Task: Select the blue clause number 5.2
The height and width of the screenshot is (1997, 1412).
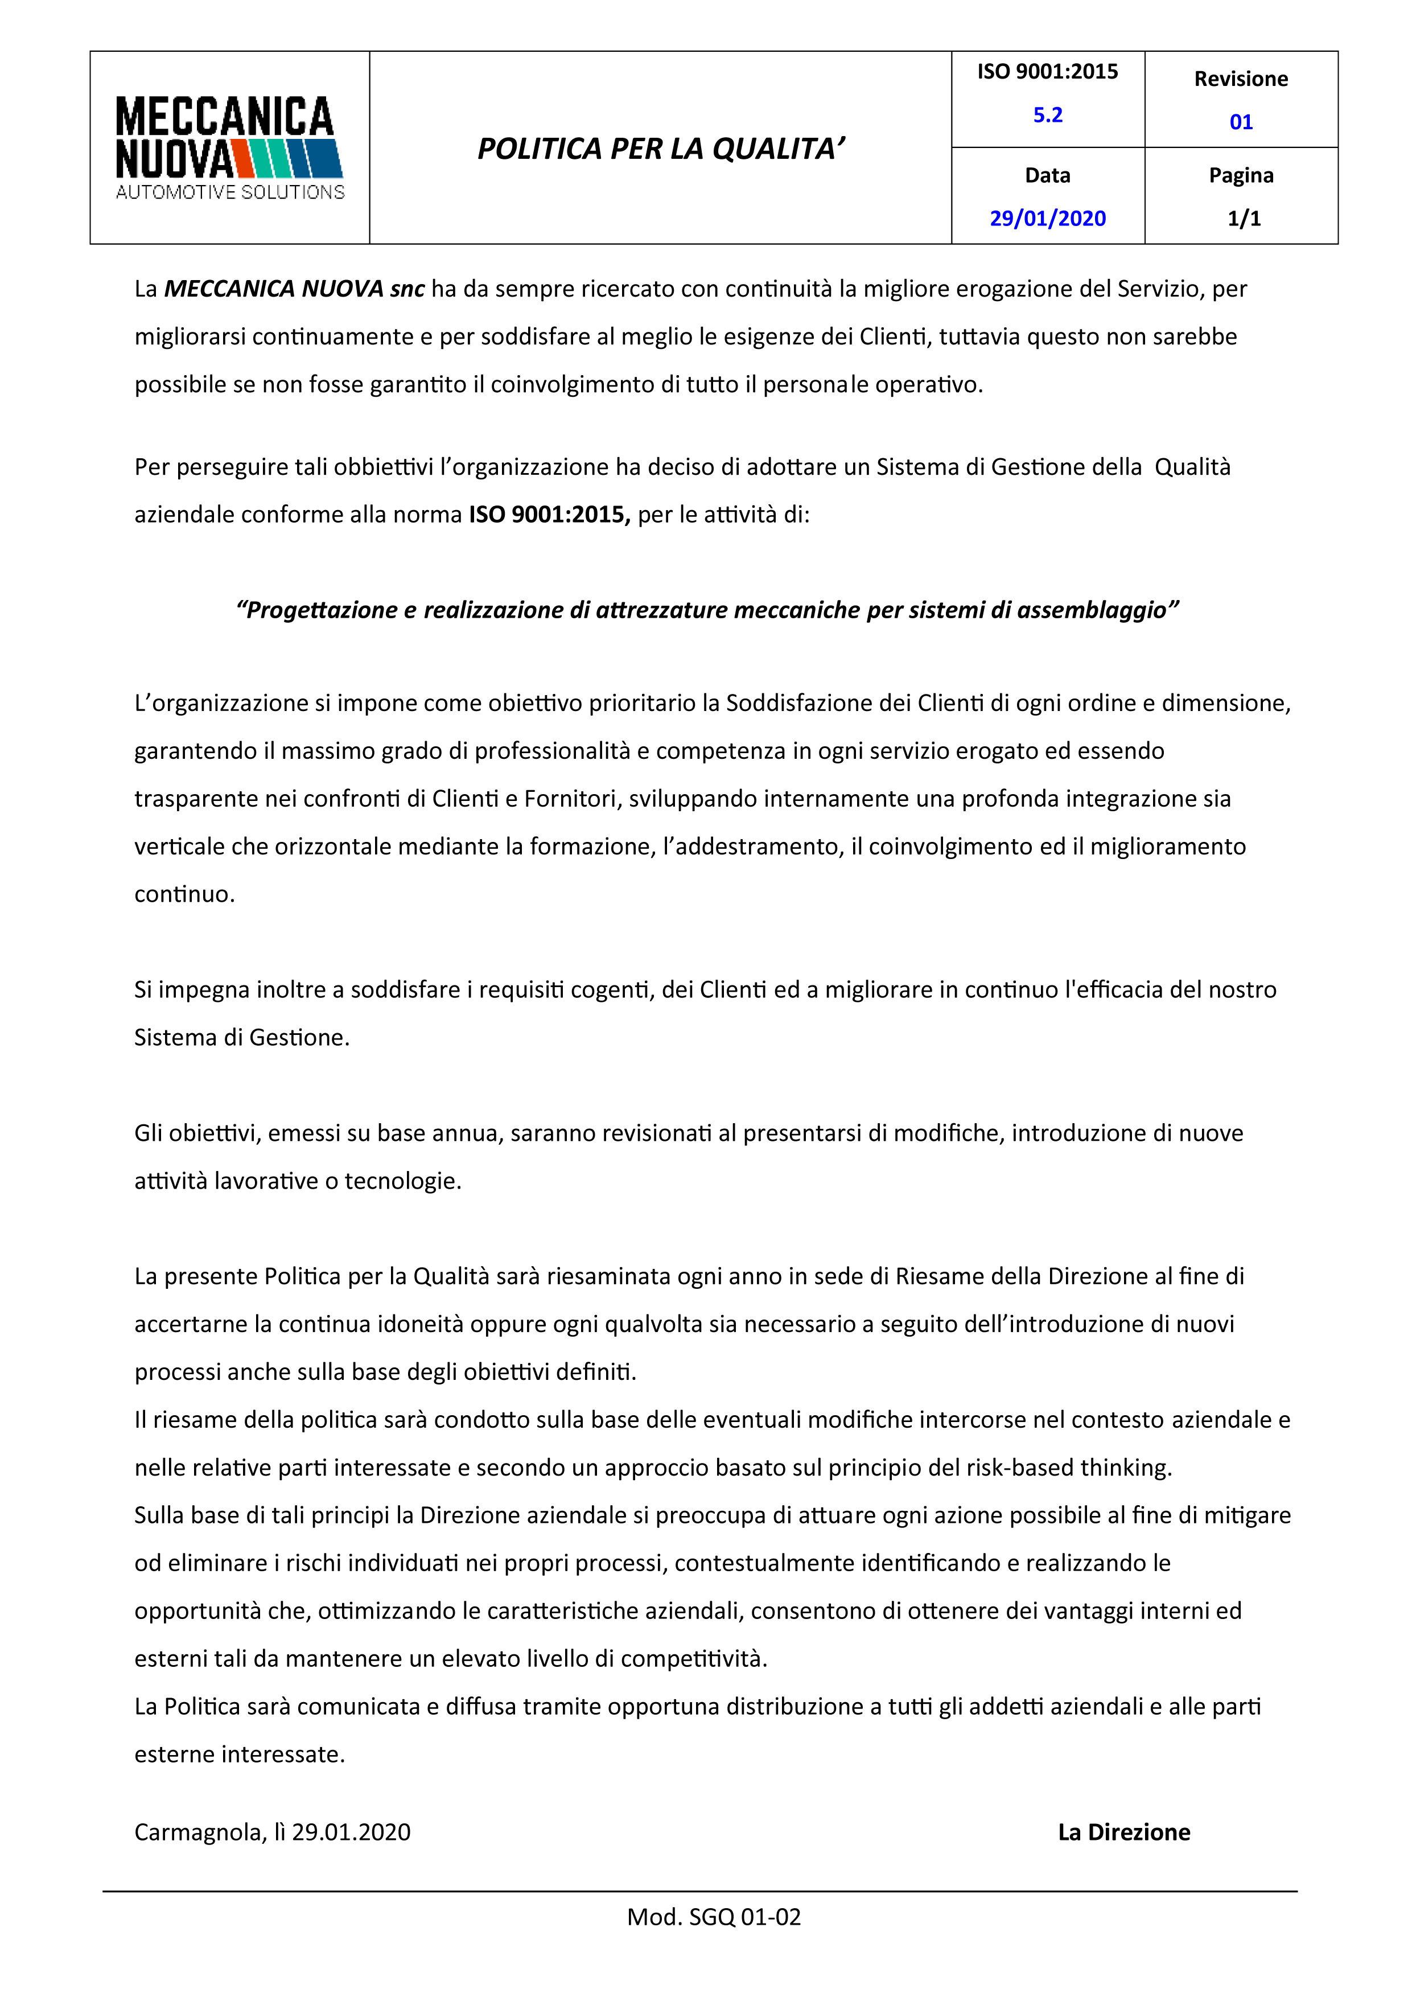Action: click(x=1048, y=115)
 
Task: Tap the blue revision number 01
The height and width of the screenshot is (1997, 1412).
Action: click(x=1241, y=122)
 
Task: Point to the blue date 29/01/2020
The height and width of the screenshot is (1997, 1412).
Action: click(x=1048, y=218)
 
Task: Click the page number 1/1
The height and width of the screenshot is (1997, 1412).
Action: click(x=1244, y=218)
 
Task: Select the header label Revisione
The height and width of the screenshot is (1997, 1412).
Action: click(x=1241, y=79)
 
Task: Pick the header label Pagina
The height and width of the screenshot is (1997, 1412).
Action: click(x=1241, y=176)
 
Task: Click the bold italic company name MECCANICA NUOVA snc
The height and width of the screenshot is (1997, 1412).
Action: click(x=294, y=289)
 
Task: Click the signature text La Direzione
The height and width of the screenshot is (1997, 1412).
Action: click(x=1123, y=1832)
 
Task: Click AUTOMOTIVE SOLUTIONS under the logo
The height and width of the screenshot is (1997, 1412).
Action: click(x=230, y=192)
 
